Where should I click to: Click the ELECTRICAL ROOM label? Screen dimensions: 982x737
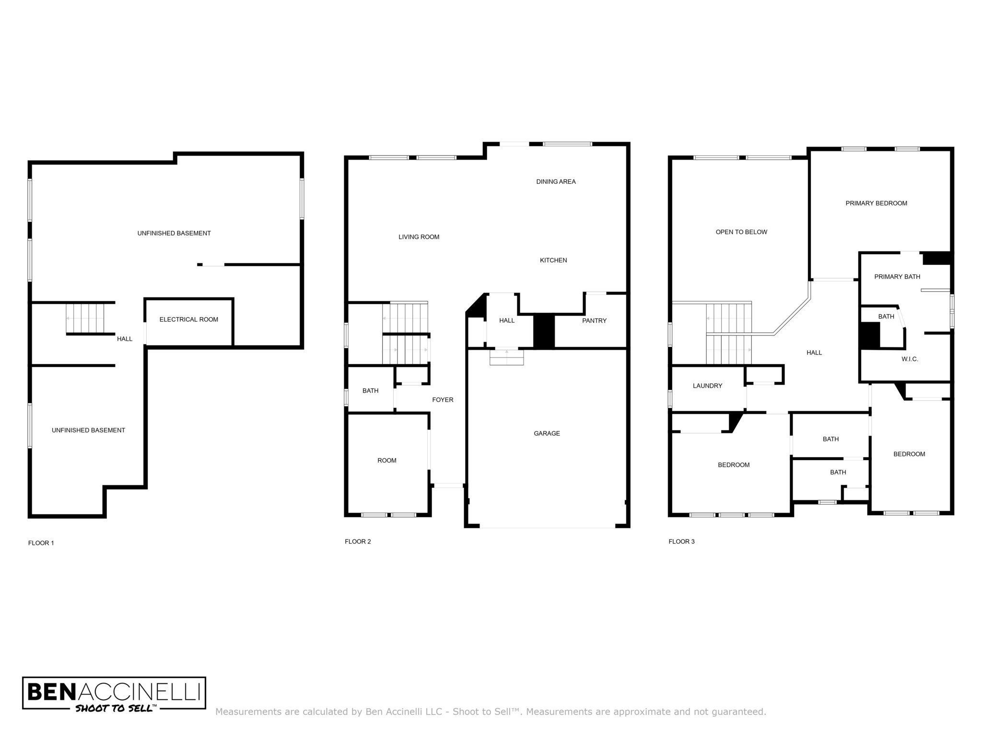pyautogui.click(x=188, y=320)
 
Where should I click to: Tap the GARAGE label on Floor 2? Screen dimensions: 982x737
pyautogui.click(x=547, y=433)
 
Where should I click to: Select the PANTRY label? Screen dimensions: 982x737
pyautogui.click(x=594, y=321)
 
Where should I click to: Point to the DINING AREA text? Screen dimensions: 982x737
pyautogui.click(x=556, y=181)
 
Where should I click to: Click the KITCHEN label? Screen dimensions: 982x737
pyautogui.click(x=553, y=260)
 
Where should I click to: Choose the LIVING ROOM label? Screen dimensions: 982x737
pyautogui.click(x=419, y=237)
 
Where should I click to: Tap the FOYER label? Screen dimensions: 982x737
pyautogui.click(x=443, y=400)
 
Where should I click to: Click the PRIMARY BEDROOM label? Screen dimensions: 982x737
pyautogui.click(x=876, y=203)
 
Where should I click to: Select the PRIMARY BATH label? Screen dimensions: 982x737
pyautogui.click(x=897, y=276)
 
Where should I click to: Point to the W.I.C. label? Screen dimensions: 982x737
pyautogui.click(x=910, y=359)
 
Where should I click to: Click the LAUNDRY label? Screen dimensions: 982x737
pyautogui.click(x=707, y=386)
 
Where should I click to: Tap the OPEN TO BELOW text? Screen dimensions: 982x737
pyautogui.click(x=741, y=232)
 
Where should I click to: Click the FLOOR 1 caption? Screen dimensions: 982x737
pyautogui.click(x=41, y=543)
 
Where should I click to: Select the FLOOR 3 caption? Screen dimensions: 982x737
pyautogui.click(x=681, y=541)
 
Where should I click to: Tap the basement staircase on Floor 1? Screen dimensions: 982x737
pyautogui.click(x=85, y=319)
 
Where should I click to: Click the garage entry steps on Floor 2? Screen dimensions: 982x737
pyautogui.click(x=507, y=357)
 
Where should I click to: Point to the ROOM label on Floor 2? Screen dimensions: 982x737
pyautogui.click(x=386, y=461)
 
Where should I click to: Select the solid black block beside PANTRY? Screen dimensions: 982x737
pyautogui.click(x=544, y=331)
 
